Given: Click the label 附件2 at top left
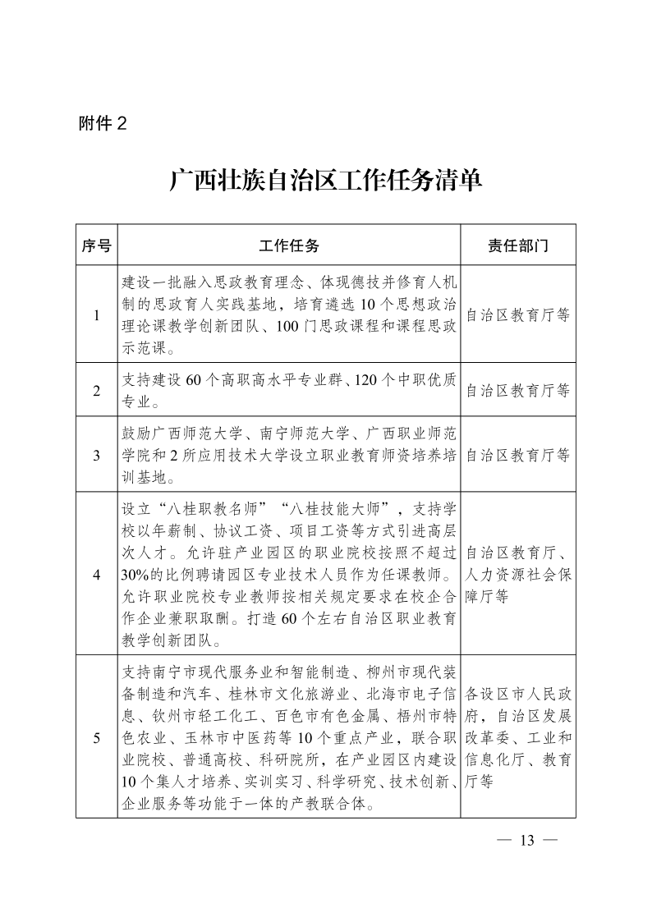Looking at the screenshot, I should (x=103, y=124).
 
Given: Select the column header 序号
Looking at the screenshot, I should (x=96, y=245).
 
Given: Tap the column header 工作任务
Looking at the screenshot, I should (x=288, y=245).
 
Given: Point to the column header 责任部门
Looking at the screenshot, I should (x=517, y=245).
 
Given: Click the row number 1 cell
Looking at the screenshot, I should (x=96, y=314).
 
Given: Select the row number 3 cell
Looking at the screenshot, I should (x=96, y=455).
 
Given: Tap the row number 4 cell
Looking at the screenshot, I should (x=96, y=574).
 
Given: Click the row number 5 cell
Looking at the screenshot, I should (x=96, y=737).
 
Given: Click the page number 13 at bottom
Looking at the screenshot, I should (x=527, y=840).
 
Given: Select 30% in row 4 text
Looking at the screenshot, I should (x=134, y=573).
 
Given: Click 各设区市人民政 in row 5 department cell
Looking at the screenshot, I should (x=517, y=691).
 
